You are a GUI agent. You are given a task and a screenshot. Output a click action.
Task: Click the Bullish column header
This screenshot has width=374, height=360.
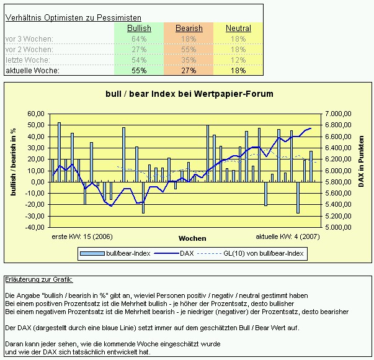139,29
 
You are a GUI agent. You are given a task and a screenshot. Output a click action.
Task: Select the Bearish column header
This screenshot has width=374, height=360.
189,29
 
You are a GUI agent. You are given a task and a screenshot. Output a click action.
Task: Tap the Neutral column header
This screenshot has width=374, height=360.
238,29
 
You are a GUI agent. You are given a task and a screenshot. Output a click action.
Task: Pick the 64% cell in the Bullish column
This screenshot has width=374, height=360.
139,39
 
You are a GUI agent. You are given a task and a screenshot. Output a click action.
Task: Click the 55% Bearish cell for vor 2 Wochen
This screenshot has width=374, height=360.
189,50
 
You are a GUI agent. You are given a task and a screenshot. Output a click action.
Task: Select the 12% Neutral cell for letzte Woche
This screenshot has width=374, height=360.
238,60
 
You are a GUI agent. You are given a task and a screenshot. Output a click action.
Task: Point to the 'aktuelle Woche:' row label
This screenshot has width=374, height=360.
32,71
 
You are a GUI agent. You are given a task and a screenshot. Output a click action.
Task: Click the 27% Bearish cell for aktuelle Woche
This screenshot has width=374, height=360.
189,71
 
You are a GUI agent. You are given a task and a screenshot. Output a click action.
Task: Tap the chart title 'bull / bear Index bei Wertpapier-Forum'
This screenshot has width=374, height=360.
189,94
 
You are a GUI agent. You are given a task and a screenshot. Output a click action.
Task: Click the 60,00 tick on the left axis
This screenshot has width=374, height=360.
36,114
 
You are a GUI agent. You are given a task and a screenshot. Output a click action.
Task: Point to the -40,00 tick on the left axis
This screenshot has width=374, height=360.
35,227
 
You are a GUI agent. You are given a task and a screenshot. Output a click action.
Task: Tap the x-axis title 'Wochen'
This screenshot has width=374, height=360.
192,238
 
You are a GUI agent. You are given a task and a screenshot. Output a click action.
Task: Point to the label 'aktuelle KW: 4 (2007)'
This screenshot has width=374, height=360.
288,237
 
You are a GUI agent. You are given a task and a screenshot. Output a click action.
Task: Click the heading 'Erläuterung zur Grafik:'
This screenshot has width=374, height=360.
38,281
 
